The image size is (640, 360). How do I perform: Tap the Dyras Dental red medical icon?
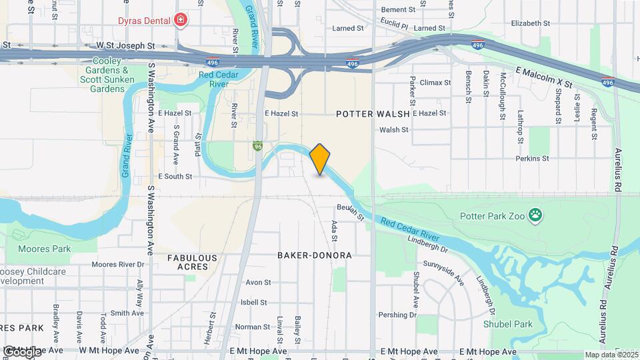click(x=179, y=21)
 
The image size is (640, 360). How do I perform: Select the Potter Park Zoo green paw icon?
click(x=535, y=215)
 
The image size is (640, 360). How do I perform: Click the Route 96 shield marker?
click(x=257, y=146)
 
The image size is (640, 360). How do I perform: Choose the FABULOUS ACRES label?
click(x=192, y=262)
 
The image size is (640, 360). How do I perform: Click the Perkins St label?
click(x=532, y=159)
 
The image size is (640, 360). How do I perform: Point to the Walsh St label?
click(x=393, y=129)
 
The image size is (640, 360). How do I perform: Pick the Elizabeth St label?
click(x=530, y=23)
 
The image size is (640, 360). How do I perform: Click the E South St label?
click(x=175, y=177)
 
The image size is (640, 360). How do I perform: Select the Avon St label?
click(x=258, y=282)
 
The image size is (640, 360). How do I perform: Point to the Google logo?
click(x=21, y=351)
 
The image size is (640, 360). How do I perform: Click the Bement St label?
click(x=398, y=10)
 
